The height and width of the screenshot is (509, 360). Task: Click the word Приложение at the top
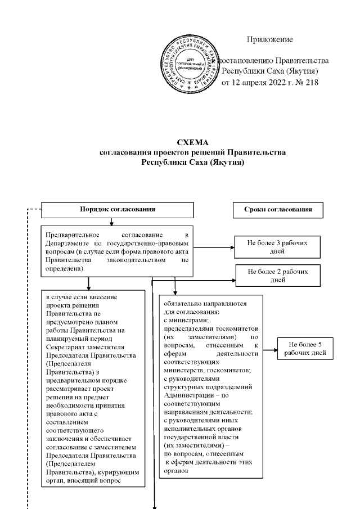click(270, 39)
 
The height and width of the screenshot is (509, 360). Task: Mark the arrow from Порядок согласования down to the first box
click(111, 222)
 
